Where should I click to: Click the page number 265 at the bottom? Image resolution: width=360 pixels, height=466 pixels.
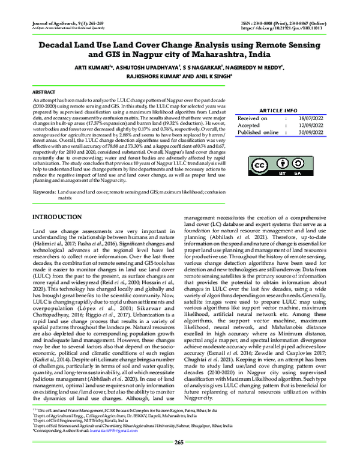[x=178, y=459]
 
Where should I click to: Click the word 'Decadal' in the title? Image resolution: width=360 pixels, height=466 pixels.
[x=62, y=45]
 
